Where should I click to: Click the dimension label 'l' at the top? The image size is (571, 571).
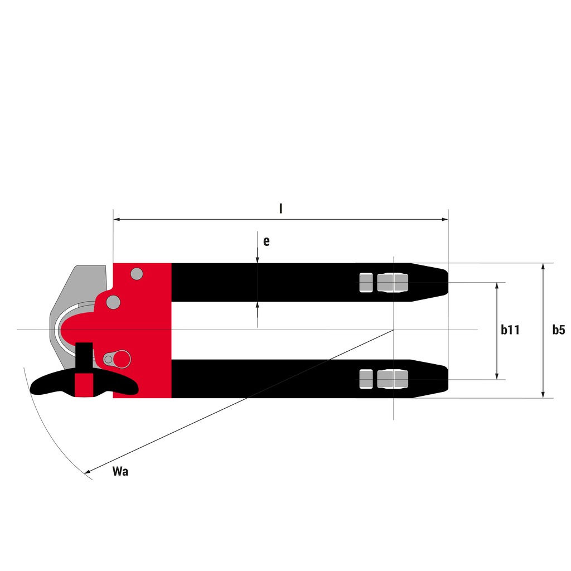[x=280, y=209]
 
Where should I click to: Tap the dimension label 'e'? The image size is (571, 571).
[x=267, y=241]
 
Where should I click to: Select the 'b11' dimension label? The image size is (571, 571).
[x=510, y=330]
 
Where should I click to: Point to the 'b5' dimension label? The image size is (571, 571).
[x=559, y=330]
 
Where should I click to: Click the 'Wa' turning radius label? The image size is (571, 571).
[x=120, y=471]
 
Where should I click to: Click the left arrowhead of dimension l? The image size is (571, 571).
[x=117, y=219]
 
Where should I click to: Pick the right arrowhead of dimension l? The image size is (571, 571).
[x=444, y=219]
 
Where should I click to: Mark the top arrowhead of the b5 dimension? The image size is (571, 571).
[x=543, y=267]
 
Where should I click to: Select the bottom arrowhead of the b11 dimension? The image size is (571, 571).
[x=497, y=376]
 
